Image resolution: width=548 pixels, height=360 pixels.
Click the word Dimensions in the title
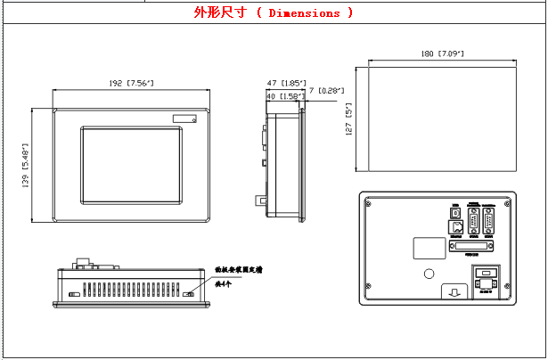click(304, 12)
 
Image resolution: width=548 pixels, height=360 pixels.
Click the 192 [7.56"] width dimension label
click(132, 83)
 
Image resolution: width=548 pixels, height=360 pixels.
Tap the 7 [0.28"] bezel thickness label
click(326, 89)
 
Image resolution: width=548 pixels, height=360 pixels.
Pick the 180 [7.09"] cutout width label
click(442, 54)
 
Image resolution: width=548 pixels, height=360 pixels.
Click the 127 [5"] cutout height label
click(349, 117)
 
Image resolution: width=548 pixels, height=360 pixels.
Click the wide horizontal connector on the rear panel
click(474, 244)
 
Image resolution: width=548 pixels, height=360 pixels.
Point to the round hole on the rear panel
click(429, 273)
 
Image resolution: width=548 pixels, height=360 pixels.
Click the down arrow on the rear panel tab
click(454, 291)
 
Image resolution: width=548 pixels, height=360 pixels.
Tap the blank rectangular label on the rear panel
click(429, 247)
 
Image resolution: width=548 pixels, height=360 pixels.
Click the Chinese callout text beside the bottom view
click(241, 267)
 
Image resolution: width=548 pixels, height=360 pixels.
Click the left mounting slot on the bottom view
click(71, 293)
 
